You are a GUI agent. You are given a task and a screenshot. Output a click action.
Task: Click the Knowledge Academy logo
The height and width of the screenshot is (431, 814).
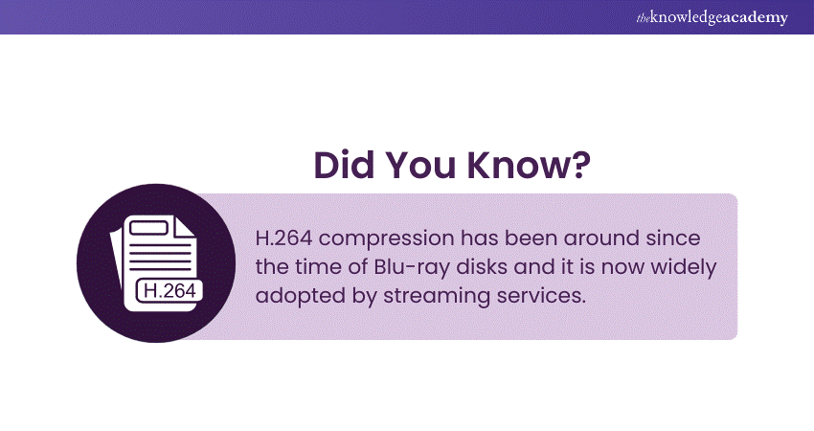[712, 17]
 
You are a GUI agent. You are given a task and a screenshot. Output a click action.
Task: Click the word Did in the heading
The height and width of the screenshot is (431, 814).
[344, 165]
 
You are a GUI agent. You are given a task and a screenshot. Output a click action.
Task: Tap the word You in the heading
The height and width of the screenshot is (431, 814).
[420, 165]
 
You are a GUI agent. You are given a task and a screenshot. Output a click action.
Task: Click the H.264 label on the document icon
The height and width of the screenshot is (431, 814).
[170, 290]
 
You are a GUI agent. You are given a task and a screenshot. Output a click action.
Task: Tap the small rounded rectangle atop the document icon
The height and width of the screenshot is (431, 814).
[148, 228]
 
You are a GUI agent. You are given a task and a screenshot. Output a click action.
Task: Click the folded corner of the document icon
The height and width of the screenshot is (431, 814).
[184, 227]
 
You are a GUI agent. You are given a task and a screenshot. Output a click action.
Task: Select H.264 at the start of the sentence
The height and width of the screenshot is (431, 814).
[283, 238]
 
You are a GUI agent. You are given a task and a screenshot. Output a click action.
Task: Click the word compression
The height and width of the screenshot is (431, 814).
[386, 239]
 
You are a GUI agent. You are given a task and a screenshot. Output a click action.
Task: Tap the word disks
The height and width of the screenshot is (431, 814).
[482, 267]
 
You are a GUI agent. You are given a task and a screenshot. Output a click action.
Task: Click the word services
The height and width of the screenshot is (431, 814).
[541, 295]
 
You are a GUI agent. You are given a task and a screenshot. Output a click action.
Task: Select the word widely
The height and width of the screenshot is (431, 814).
[683, 268]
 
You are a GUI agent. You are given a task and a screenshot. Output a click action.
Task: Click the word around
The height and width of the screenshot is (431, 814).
[601, 238]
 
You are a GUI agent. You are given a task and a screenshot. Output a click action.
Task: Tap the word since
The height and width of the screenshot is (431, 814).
[673, 238]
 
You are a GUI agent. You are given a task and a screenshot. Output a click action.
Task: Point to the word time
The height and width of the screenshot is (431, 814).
[317, 267]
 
